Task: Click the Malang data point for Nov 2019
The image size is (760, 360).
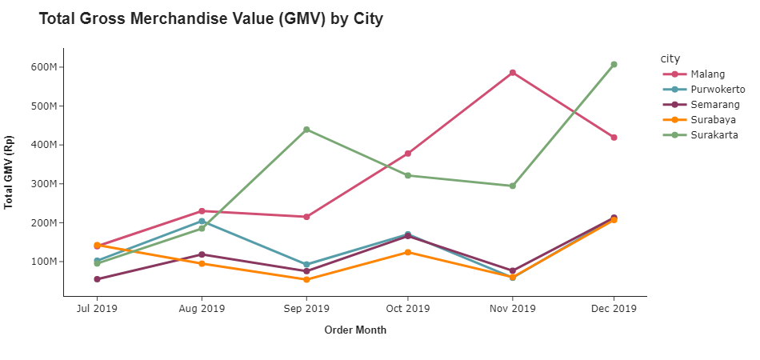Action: [512, 73]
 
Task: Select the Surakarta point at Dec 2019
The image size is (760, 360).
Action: [614, 65]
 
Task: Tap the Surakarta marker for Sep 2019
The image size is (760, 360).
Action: [306, 130]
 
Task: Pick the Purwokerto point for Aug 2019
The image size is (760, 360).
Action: [202, 222]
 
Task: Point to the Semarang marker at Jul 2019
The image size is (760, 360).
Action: [97, 279]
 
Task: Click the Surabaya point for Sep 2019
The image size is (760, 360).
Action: [306, 279]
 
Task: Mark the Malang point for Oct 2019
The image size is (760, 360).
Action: [408, 154]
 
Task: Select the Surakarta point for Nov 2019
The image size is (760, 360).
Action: [512, 186]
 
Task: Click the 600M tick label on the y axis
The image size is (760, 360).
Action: [44, 67]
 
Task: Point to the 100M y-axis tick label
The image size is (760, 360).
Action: [44, 262]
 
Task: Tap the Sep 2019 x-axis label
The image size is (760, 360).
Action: [306, 308]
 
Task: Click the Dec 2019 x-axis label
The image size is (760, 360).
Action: [614, 308]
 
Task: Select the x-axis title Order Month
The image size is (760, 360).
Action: [355, 330]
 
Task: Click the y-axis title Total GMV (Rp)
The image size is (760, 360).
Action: [9, 172]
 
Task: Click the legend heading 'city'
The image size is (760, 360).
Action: [670, 58]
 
